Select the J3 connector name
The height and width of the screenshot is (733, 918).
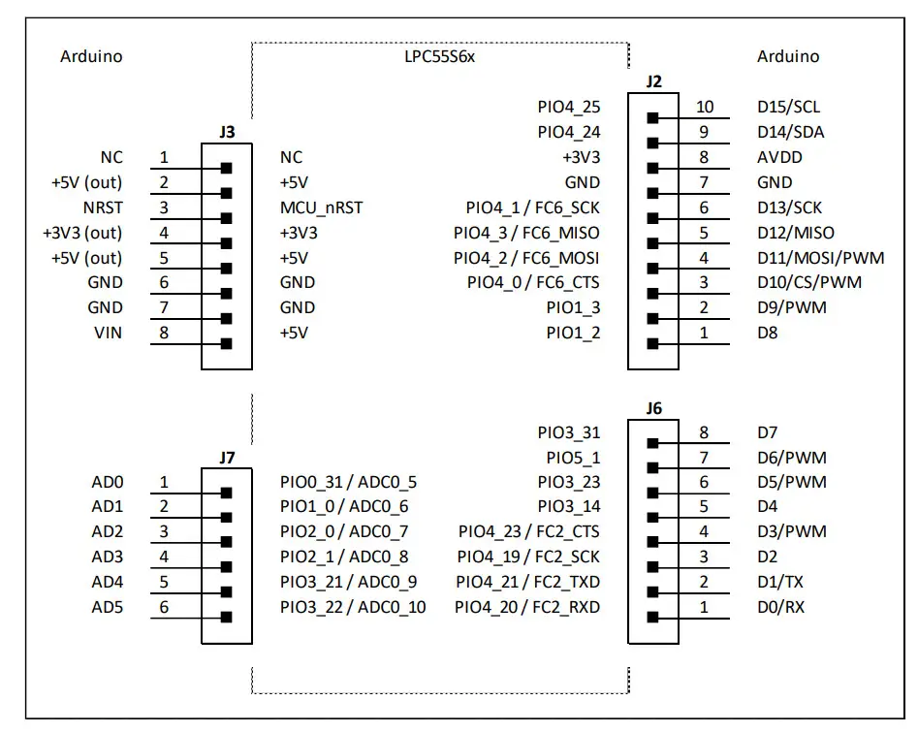pos(228,130)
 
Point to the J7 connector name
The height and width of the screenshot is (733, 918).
pos(228,457)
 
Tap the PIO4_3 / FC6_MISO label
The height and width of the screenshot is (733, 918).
pos(526,233)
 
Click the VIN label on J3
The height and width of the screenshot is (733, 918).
pos(108,333)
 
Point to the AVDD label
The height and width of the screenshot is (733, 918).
pos(779,157)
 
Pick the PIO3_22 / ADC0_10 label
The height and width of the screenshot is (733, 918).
pos(353,607)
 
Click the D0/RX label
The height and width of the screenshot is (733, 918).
pos(780,607)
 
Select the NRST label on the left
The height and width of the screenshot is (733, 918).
pos(104,207)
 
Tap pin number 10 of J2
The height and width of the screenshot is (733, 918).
pos(705,107)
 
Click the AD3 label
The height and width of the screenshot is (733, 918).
pos(108,557)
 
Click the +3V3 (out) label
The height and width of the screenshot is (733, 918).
pos(82,233)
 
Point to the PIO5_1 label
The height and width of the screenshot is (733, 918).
pos(573,458)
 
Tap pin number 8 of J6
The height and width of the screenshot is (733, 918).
pos(705,432)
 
